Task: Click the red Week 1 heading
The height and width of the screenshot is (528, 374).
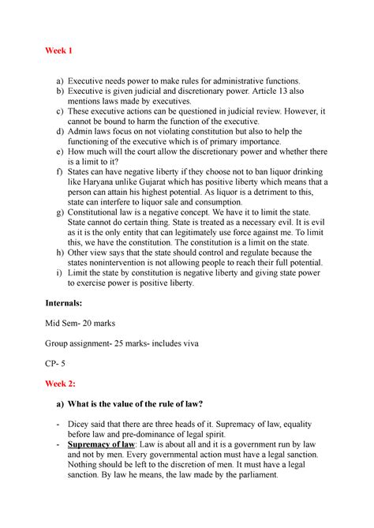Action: click(60, 51)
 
